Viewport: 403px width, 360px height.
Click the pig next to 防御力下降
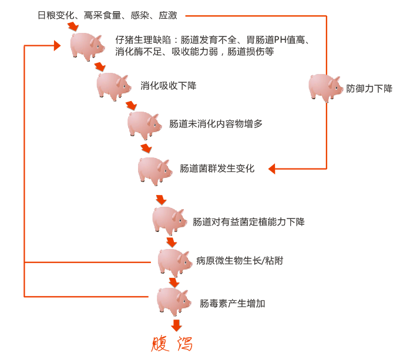(x=325, y=88)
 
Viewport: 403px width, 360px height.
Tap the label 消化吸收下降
(x=168, y=86)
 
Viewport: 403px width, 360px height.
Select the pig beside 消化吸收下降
(x=113, y=86)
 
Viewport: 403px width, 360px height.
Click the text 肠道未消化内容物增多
(x=216, y=124)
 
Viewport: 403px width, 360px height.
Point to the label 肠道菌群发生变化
(x=217, y=169)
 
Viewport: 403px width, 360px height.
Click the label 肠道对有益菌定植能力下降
(x=248, y=221)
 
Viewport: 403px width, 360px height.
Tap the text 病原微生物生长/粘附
(x=240, y=260)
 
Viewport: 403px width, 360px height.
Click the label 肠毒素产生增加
(x=232, y=303)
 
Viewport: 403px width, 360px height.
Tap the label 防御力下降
(x=370, y=89)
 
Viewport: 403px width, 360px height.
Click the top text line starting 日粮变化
(x=107, y=15)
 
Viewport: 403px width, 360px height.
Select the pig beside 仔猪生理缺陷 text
(x=87, y=46)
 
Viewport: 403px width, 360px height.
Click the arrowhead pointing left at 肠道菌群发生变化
(x=272, y=169)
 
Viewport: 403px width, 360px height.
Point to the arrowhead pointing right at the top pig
(x=58, y=45)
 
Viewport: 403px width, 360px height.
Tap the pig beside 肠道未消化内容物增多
(x=144, y=124)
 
